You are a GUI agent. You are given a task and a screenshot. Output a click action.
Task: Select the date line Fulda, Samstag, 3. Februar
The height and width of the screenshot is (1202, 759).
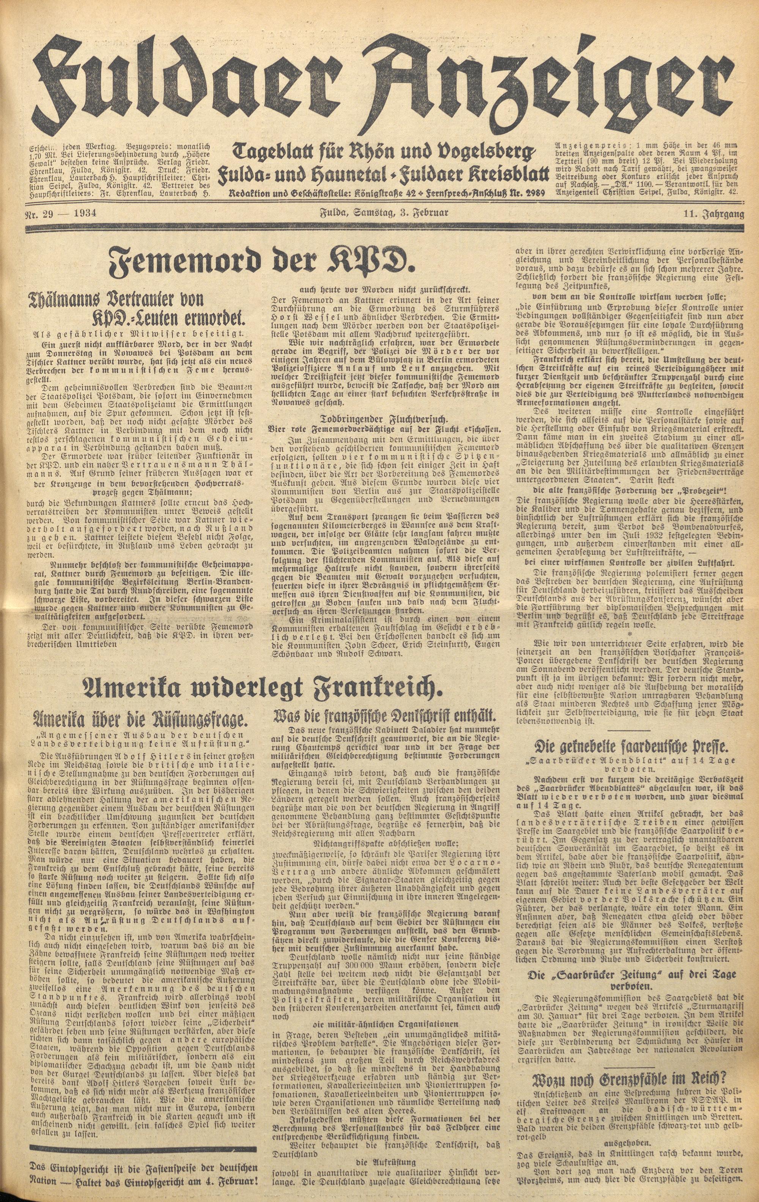click(x=384, y=213)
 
